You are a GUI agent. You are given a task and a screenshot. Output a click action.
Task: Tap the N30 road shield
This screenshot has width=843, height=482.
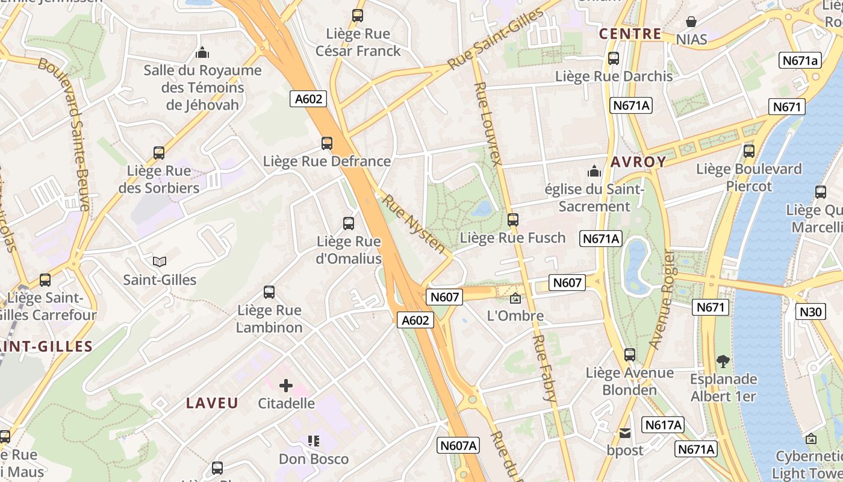[x=810, y=311]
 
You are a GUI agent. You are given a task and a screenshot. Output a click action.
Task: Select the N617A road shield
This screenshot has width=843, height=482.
[x=663, y=425]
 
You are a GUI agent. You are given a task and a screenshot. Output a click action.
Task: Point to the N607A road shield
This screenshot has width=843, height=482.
[x=458, y=445]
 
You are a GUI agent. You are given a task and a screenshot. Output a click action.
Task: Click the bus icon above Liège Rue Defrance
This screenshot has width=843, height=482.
[x=327, y=143]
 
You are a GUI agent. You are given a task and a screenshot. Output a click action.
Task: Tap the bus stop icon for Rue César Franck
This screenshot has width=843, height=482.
[x=358, y=16]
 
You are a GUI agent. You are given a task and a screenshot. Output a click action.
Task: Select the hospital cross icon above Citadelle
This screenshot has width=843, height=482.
[x=286, y=386]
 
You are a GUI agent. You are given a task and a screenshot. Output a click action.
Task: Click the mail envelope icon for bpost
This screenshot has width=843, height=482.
[x=625, y=433]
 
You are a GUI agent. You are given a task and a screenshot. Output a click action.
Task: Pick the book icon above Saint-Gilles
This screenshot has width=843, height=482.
[x=160, y=262]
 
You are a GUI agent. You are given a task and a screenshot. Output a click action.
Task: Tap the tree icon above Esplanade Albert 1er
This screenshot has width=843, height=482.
[x=723, y=361]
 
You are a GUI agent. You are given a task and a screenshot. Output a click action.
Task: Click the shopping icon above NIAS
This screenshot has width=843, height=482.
[x=691, y=22]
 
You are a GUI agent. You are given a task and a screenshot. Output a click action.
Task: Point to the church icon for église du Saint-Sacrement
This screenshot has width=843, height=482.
[x=595, y=171]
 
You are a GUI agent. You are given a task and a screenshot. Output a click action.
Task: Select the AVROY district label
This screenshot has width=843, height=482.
[x=638, y=162]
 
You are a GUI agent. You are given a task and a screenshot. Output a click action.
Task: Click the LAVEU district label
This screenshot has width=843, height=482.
[x=212, y=403]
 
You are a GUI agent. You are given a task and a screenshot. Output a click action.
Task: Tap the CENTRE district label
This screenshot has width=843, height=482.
[x=630, y=34]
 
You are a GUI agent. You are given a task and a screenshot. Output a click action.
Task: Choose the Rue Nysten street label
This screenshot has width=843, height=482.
[x=415, y=224]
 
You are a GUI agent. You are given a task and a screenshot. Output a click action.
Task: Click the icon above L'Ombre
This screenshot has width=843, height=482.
[x=515, y=298]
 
